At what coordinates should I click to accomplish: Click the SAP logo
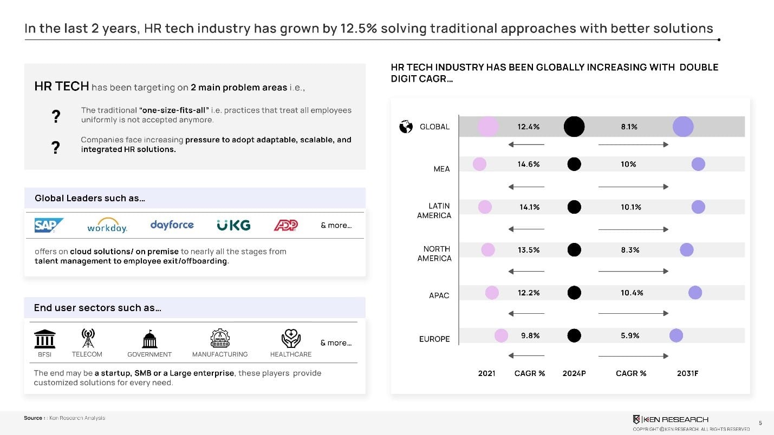pos(49,225)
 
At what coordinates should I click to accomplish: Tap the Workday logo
pos(107,225)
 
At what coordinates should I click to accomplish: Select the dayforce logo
pos(172,225)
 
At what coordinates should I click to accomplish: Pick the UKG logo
pos(233,226)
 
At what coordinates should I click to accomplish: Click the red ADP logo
pos(286,225)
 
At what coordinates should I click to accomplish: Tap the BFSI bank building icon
pos(44,339)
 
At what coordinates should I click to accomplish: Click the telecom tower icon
pos(88,338)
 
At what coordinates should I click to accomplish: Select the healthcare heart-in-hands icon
pos(291,338)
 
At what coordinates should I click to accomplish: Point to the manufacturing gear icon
pos(220,338)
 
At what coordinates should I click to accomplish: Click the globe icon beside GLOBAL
pos(406,127)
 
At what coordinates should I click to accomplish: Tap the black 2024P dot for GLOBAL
pos(574,127)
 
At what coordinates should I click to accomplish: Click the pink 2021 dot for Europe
pos(502,335)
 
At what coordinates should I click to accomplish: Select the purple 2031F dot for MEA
pos(698,164)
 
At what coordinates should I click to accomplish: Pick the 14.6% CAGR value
pos(529,164)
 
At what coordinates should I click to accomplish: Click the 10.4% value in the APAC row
pos(632,293)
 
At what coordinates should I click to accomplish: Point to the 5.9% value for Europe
pos(630,335)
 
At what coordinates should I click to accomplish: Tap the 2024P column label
pos(574,373)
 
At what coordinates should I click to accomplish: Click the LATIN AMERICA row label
pos(434,210)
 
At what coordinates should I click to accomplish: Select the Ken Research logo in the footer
pos(671,419)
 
